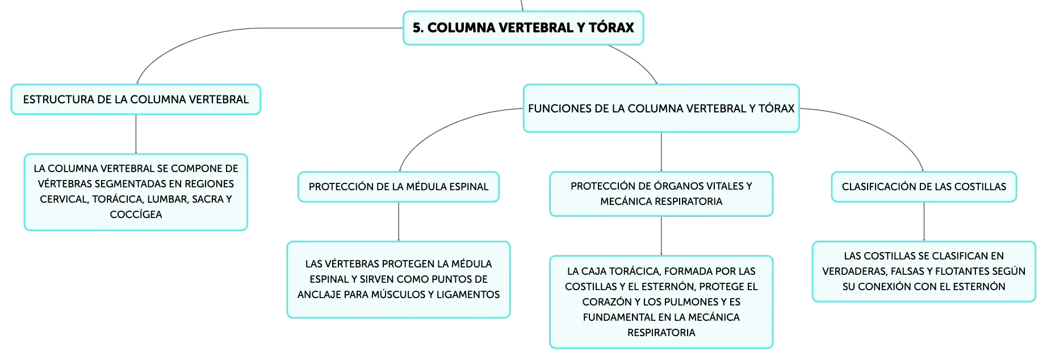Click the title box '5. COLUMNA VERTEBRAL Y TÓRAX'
pos(523,28)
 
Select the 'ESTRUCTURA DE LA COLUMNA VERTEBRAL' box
pos(136,99)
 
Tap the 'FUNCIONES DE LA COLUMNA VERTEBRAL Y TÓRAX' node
pos(661,108)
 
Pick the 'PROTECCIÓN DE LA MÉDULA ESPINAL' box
pos(399,187)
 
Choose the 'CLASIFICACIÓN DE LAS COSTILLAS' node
pos(924,187)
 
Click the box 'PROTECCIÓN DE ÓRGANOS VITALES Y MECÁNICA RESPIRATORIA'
pos(661,194)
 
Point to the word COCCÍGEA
pos(136,215)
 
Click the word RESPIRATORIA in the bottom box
pos(661,333)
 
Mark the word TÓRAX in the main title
pos(611,27)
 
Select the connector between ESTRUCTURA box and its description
pos(136,134)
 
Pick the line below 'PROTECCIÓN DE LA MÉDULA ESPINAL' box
pos(399,221)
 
